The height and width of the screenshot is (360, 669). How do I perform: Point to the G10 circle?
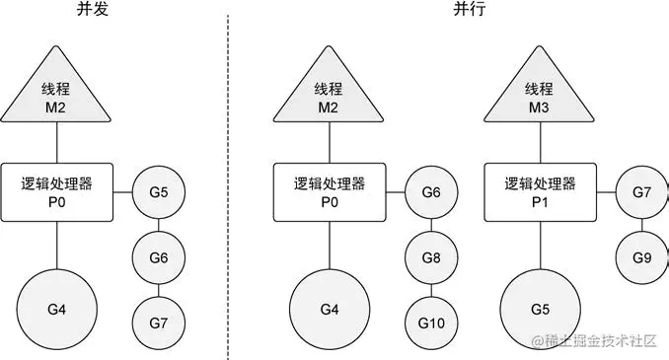429,322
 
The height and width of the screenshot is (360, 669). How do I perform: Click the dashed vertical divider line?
229,178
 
